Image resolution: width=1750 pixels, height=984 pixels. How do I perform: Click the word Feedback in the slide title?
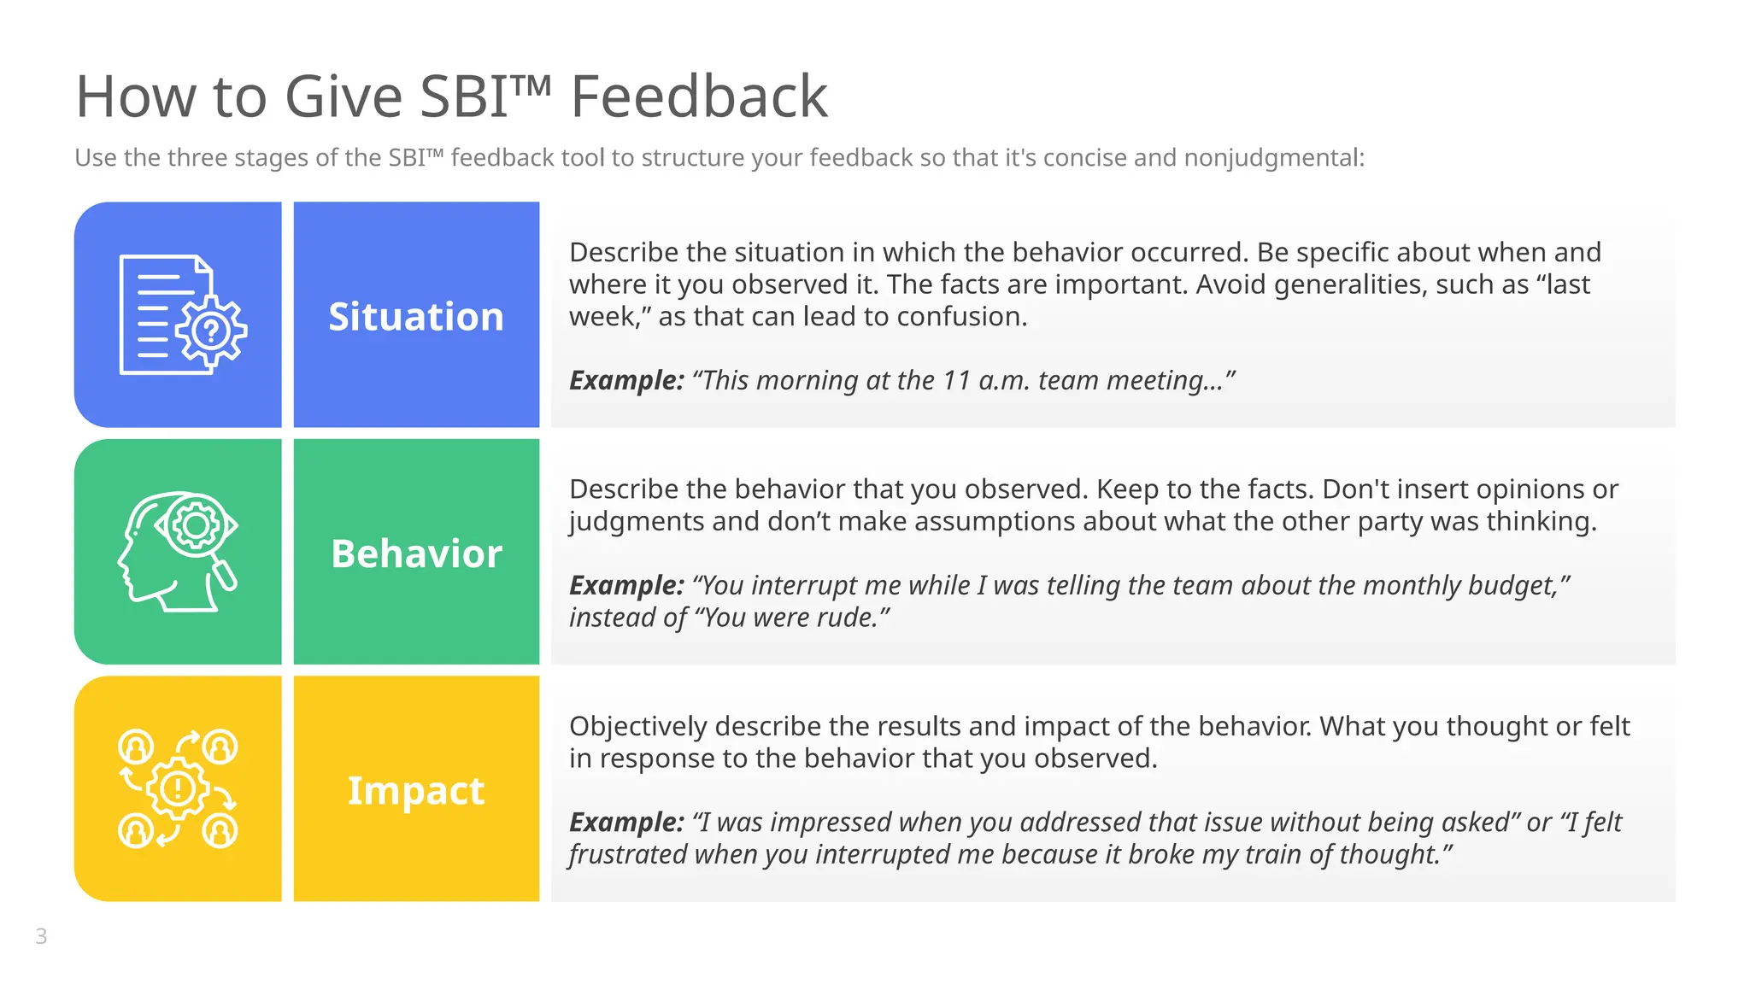coord(698,97)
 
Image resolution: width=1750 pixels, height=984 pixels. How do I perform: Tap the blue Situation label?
coord(416,317)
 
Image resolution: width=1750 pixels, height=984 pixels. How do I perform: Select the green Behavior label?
coord(416,553)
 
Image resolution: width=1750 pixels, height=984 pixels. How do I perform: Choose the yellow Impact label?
coord(416,790)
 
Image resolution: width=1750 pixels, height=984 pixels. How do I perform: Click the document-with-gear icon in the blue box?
coord(182,314)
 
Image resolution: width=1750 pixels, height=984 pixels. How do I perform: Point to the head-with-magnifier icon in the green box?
coord(178,551)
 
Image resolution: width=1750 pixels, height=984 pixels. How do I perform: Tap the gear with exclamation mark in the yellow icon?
coord(177,788)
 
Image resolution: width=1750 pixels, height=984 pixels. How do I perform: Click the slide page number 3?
coord(41,936)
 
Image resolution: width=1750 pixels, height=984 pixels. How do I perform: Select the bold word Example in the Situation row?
coord(626,380)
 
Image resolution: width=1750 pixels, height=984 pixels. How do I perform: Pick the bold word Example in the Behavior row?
coord(626,585)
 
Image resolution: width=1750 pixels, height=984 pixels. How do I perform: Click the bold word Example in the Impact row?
coord(626,822)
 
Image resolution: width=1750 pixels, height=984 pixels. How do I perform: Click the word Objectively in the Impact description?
coord(637,726)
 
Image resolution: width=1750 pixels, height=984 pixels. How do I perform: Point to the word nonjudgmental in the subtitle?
coord(1273,158)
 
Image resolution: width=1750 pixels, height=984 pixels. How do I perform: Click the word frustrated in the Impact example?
coord(628,854)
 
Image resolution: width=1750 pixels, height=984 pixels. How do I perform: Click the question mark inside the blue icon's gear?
coord(211,331)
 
